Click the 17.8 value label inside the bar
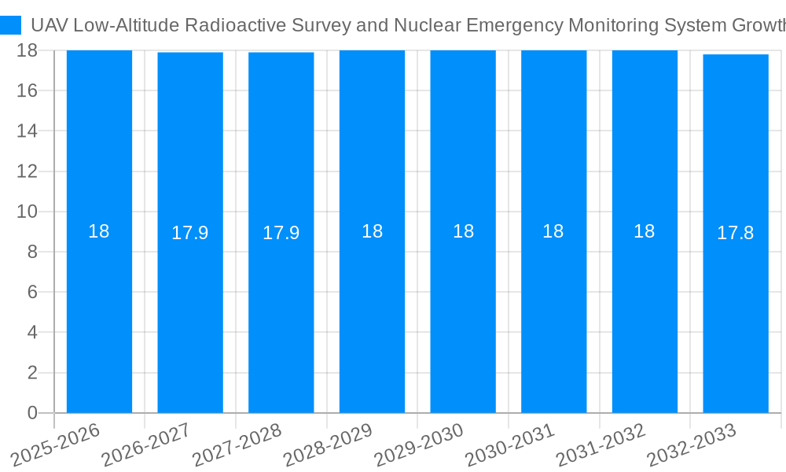point(736,233)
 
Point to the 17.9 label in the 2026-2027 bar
point(190,233)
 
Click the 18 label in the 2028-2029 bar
point(372,231)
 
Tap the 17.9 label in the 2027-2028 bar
point(281,233)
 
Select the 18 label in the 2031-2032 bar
point(645,231)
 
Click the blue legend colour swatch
point(11,25)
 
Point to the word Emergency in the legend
point(514,25)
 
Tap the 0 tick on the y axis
point(32,413)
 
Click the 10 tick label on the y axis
point(28,212)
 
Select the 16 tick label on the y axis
point(28,90)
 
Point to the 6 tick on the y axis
point(32,292)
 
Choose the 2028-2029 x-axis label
point(329,445)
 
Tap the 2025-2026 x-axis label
point(56,445)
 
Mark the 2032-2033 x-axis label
point(692,445)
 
